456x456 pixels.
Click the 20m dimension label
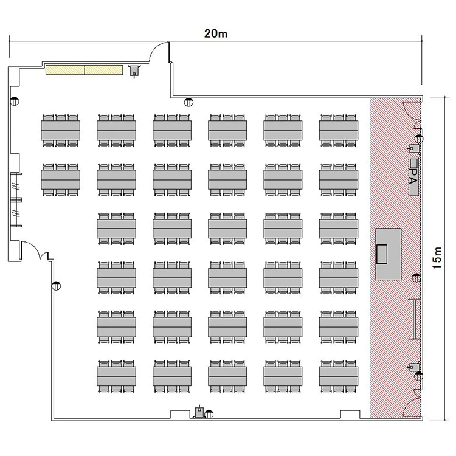pos(215,33)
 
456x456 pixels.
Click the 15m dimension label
pos(437,258)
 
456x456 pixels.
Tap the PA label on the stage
pos(413,176)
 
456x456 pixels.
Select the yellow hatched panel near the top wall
pos(85,70)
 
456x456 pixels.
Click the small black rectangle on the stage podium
pos(382,254)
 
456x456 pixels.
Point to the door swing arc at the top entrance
pos(159,52)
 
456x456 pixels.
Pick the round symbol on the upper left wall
pos(15,102)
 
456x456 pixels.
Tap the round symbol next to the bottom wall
pos(209,414)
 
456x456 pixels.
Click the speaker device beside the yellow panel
pos(134,71)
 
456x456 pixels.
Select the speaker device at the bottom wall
pos(199,412)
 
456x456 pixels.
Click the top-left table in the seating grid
pos(60,131)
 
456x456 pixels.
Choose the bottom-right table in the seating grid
pos(339,376)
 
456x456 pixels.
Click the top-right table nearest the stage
pos(339,131)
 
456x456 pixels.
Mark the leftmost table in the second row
pos(60,180)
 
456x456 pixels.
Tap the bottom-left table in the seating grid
pos(116,376)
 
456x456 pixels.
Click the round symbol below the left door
pos(56,286)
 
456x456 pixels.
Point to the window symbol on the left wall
pos(16,200)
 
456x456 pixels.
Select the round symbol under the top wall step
pos(188,102)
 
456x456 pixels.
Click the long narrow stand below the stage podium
pos(414,319)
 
